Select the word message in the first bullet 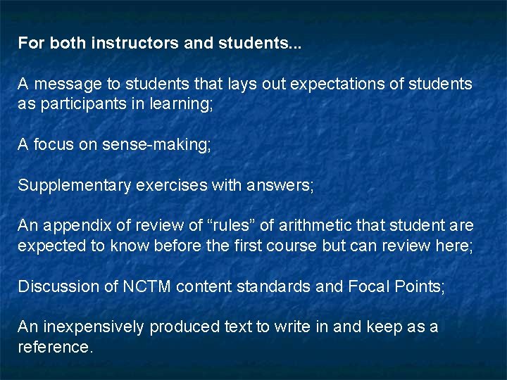tap(68, 84)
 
